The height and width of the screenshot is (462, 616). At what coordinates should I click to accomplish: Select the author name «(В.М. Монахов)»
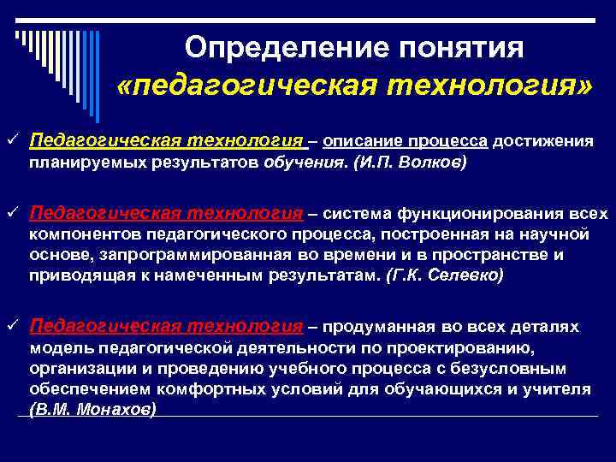click(x=92, y=409)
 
